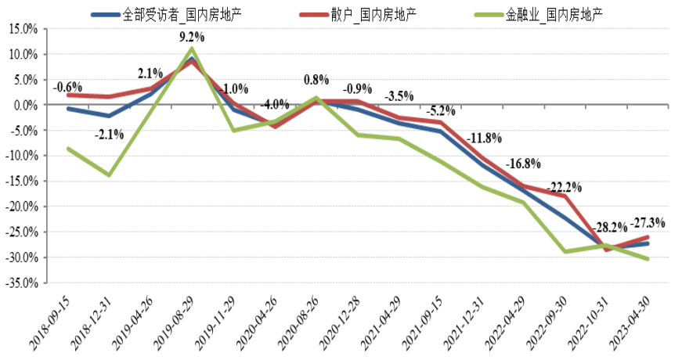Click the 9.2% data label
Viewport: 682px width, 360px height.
(192, 37)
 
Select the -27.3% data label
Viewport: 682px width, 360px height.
(648, 222)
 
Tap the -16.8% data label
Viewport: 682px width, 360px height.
(524, 164)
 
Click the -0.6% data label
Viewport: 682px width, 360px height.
(67, 87)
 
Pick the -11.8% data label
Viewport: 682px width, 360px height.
(484, 139)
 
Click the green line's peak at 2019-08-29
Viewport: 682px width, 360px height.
(192, 49)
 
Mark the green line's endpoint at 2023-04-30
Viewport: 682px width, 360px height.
(648, 259)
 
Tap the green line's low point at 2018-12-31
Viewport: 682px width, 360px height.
(109, 175)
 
